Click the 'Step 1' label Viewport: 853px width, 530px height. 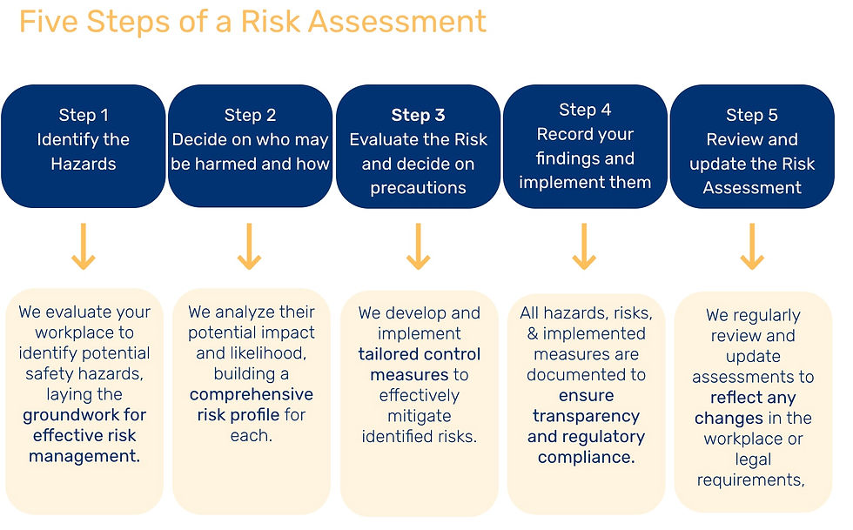84,115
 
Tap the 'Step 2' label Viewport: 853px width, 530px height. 250,115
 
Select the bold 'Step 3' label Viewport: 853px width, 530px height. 418,115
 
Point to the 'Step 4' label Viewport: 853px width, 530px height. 585,110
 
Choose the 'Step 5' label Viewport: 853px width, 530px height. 752,115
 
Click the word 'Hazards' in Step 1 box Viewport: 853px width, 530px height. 83,164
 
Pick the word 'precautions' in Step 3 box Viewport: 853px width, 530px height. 418,188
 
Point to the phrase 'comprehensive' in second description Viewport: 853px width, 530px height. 251,394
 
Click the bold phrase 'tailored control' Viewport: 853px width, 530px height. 420,354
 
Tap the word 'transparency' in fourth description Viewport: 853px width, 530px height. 586,416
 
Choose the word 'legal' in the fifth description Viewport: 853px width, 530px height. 753,460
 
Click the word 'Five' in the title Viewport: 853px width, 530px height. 51,21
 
